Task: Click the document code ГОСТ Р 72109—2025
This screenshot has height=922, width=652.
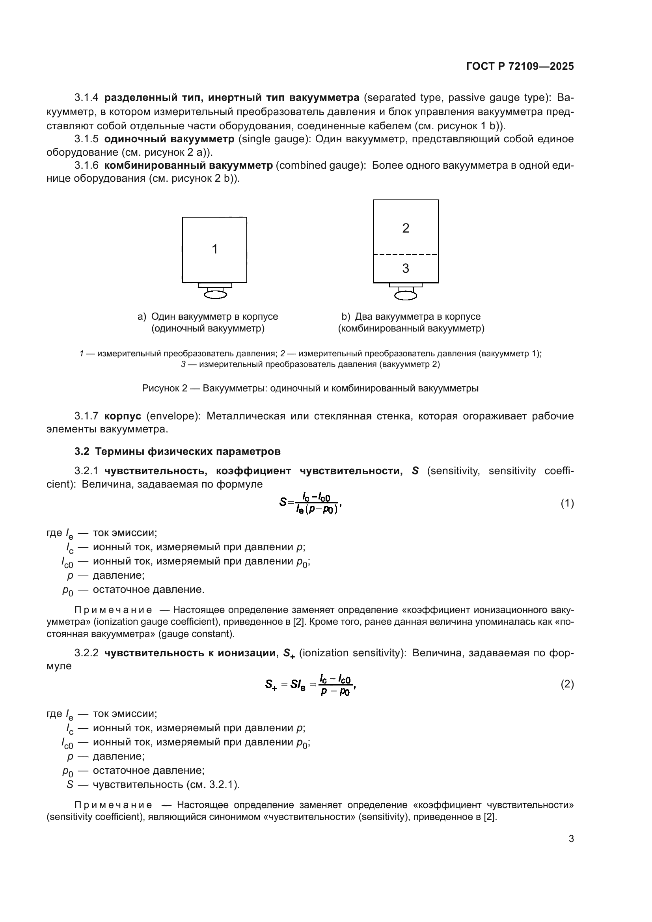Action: click(x=520, y=67)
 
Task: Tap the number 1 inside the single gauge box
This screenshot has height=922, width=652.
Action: click(x=215, y=250)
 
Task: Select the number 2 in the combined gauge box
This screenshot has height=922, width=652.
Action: click(x=406, y=229)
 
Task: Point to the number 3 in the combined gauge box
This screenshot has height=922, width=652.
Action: click(x=406, y=269)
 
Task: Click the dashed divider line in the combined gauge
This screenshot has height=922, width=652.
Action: click(x=406, y=255)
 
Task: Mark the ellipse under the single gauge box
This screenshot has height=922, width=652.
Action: click(x=215, y=295)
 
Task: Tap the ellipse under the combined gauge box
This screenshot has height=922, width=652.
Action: click(x=406, y=296)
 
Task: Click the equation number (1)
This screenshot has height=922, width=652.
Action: click(x=567, y=503)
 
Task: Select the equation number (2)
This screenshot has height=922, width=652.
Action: click(x=567, y=684)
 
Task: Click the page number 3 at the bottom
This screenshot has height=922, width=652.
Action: click(x=571, y=838)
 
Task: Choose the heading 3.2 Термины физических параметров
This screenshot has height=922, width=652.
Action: click(x=177, y=451)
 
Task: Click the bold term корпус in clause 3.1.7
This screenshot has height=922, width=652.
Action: click(x=123, y=416)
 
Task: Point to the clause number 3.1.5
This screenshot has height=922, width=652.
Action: click(x=86, y=139)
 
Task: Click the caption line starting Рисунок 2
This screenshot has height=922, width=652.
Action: click(x=310, y=388)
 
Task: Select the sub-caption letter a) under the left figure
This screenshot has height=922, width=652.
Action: click(x=142, y=317)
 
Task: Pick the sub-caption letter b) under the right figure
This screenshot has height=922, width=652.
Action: click(x=346, y=317)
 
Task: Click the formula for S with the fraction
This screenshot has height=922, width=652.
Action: click(x=310, y=503)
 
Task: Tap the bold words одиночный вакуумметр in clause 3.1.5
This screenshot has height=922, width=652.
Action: click(x=169, y=139)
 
